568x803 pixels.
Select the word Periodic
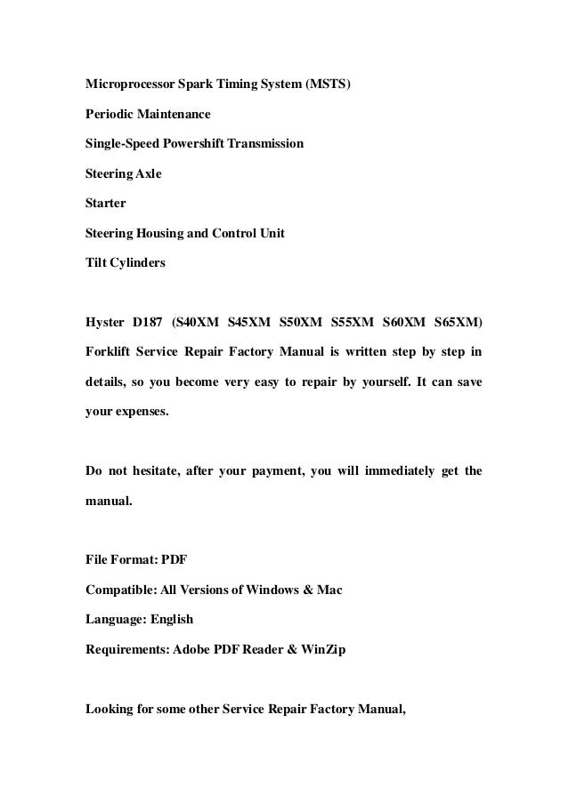tap(110, 115)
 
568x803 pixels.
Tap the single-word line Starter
tap(106, 203)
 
